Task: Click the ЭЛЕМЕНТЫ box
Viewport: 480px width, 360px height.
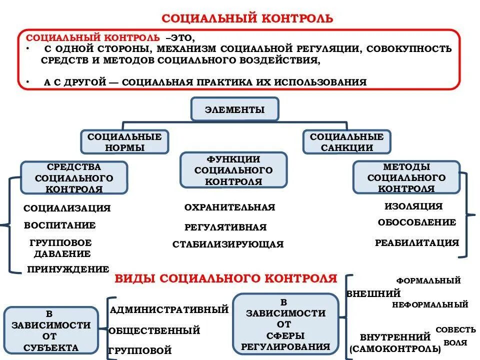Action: click(x=234, y=109)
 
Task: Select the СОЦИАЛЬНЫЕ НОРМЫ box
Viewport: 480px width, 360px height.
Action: click(x=124, y=142)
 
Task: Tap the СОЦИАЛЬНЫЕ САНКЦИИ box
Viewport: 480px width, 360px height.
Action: click(x=346, y=142)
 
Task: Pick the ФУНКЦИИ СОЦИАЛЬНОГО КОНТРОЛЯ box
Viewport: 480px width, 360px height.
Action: click(x=233, y=170)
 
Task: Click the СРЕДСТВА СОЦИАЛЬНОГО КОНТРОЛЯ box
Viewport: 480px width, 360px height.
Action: click(x=73, y=178)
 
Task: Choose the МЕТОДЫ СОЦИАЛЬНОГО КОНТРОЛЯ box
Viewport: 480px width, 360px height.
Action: click(x=406, y=177)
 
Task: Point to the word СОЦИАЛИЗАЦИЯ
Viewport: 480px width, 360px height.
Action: click(x=67, y=208)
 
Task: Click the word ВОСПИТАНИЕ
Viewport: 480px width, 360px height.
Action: click(x=60, y=225)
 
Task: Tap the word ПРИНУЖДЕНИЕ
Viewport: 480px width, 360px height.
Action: click(x=68, y=269)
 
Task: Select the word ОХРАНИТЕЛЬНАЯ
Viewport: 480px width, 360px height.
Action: click(x=229, y=207)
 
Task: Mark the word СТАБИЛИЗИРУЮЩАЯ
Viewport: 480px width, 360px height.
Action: click(x=228, y=244)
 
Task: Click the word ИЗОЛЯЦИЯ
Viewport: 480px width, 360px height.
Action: click(x=413, y=206)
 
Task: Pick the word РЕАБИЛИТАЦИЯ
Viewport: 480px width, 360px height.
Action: click(x=416, y=243)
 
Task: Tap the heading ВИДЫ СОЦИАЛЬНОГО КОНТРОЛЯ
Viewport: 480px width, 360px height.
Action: click(x=226, y=278)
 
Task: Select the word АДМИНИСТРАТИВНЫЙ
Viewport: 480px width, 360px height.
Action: click(x=169, y=310)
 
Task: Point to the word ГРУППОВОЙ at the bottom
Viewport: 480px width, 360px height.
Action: click(x=140, y=350)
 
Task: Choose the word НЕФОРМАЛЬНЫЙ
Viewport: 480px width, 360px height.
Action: click(x=430, y=304)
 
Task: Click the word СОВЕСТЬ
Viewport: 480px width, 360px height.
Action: click(x=455, y=329)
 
